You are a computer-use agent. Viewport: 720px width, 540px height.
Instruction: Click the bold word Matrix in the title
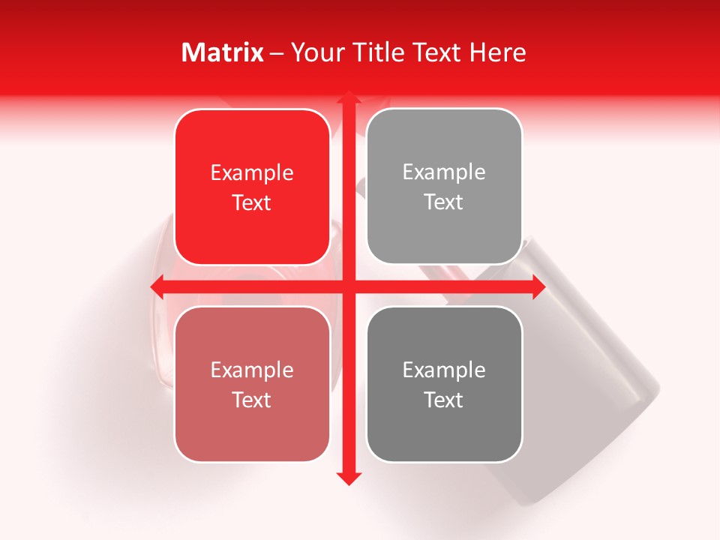(x=223, y=52)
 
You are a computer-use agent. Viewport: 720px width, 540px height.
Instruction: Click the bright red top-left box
(x=252, y=187)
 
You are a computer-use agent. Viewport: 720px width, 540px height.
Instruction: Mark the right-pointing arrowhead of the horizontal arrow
(x=538, y=286)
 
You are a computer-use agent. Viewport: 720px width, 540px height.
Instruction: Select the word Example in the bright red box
(x=252, y=173)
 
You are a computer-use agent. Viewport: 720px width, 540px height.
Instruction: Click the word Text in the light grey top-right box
(x=444, y=202)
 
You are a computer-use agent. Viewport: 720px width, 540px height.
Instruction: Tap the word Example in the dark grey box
(x=444, y=370)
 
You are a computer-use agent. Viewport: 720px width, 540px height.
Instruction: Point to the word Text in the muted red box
(x=252, y=400)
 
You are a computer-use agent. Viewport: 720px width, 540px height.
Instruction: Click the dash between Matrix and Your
(x=277, y=53)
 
